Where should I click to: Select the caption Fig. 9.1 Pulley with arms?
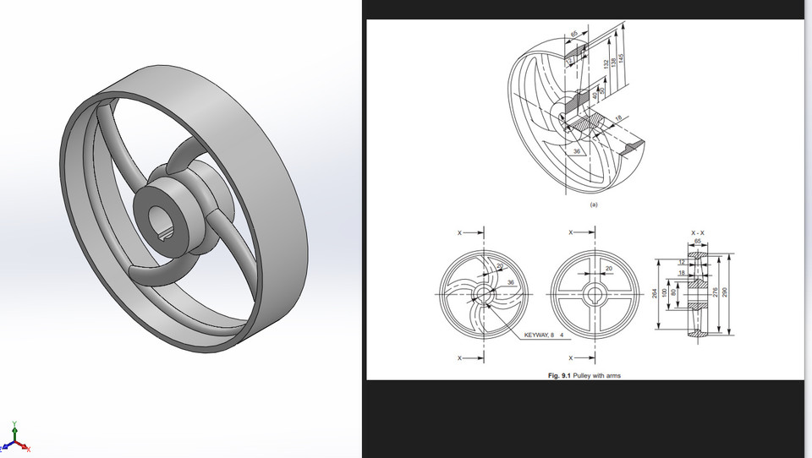click(x=583, y=375)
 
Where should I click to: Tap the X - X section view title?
click(x=699, y=232)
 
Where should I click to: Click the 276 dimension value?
click(x=715, y=292)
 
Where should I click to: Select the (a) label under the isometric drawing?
click(x=593, y=204)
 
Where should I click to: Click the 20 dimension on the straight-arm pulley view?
click(x=608, y=268)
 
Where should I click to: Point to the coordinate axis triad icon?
click(x=15, y=438)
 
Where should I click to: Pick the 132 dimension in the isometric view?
click(x=606, y=63)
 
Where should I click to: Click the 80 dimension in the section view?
click(x=673, y=292)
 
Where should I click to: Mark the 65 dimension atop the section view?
click(x=697, y=242)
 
